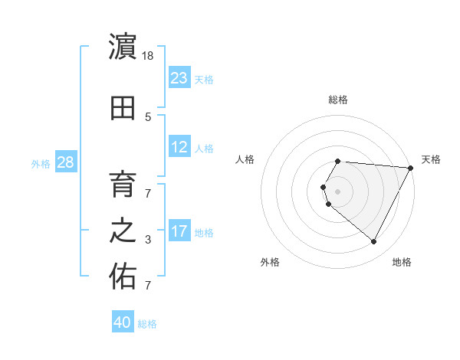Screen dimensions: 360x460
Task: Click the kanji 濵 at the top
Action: [x=123, y=47]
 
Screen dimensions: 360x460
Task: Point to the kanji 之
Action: [x=123, y=231]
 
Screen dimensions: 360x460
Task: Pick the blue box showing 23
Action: [x=179, y=78]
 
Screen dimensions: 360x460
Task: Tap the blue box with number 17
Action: [x=179, y=231]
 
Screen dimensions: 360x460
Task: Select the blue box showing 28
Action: [x=65, y=162]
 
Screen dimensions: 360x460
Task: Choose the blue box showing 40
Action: [x=123, y=322]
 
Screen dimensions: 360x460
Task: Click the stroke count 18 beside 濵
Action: [x=149, y=56]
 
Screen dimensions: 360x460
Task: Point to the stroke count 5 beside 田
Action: [x=148, y=117]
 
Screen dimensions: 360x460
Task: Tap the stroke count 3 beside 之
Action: [x=148, y=240]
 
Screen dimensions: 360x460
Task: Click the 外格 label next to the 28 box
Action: [x=41, y=164]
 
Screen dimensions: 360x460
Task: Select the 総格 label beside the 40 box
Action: [x=147, y=324]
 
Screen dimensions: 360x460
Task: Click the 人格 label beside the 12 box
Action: [x=204, y=149]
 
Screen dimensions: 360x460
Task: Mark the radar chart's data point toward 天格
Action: [x=410, y=168]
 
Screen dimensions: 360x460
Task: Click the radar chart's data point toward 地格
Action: [x=374, y=241]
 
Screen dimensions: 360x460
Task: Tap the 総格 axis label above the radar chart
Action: [x=338, y=100]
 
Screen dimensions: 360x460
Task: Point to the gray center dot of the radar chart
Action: [x=338, y=191]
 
